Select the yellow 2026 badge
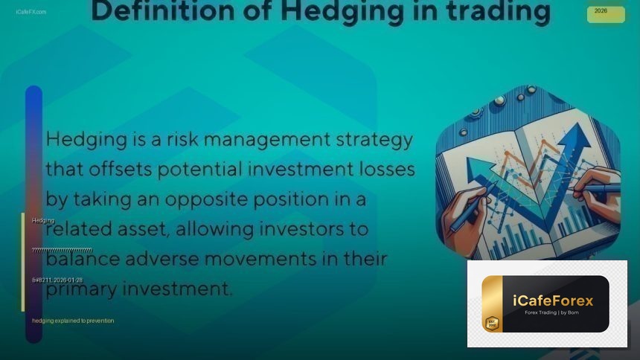(605, 13)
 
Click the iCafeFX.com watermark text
(31, 12)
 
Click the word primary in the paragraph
(79, 289)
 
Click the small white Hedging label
(43, 220)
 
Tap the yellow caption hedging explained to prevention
(73, 321)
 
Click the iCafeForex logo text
(553, 300)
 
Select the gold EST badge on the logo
(491, 323)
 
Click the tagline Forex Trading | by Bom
(552, 312)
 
